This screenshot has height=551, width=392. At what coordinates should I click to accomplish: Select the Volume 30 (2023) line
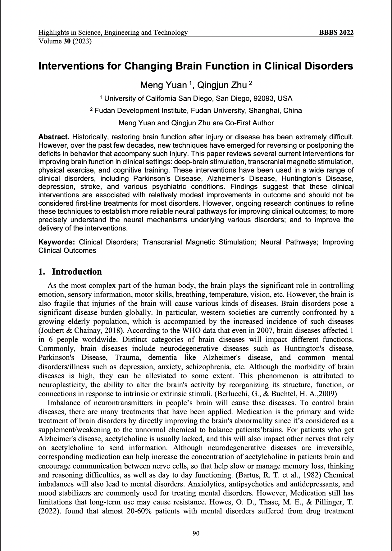pos(65,41)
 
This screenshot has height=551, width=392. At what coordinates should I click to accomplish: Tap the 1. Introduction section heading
pos(70,272)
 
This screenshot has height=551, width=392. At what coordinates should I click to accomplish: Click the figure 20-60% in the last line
pos(139,511)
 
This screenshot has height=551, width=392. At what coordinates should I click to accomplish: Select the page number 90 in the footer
pos(196,533)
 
